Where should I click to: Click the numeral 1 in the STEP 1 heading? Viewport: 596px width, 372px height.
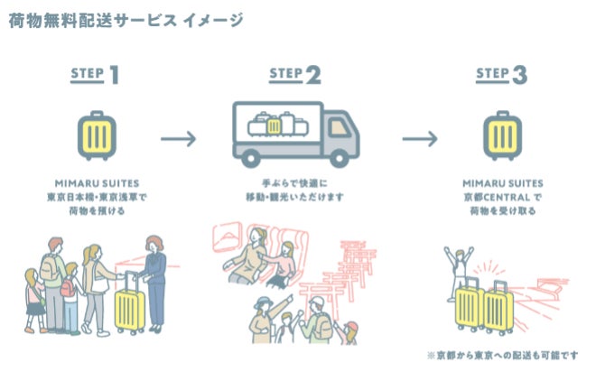115,75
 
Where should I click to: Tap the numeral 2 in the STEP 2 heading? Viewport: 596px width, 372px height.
312,75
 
